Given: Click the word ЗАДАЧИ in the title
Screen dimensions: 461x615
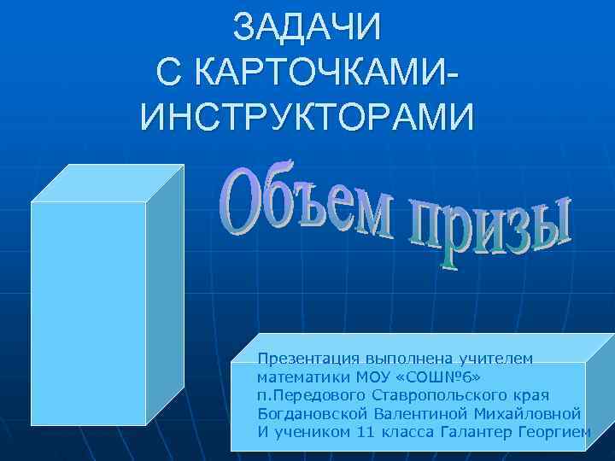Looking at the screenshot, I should point(307,27).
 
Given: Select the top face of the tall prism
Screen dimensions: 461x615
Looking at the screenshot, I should point(107,183).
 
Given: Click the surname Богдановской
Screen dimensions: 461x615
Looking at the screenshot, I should point(313,413).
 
